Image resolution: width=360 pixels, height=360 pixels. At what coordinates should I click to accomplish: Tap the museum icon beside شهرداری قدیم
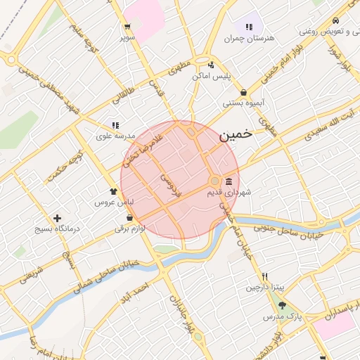230,181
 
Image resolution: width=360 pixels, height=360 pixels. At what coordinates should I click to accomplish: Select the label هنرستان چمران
247,38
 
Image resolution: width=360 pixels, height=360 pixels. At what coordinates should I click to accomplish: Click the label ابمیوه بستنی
243,103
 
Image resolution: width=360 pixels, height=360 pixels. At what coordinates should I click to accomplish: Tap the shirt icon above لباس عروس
114,191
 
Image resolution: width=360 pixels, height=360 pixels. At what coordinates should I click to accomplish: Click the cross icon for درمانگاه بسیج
58,219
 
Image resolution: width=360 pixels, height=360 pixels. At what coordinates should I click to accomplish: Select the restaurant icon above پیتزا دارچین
264,276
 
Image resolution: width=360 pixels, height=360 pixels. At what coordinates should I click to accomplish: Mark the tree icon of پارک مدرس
283,306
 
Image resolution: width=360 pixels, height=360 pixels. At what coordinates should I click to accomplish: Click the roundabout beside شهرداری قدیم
214,181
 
